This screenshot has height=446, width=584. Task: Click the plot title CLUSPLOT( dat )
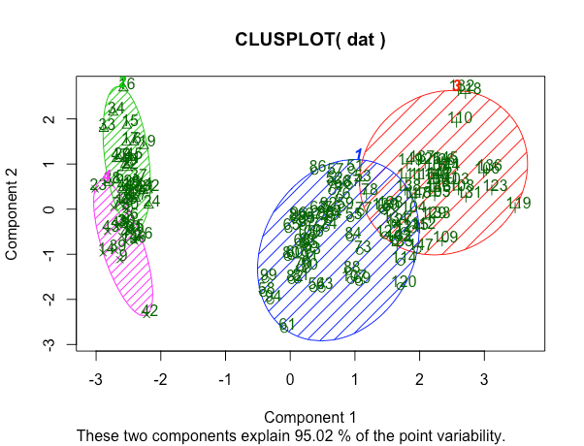pos(310,41)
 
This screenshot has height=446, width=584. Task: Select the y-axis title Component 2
pos(15,209)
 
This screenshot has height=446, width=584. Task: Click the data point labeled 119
pos(519,204)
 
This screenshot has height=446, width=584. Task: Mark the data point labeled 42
pos(149,311)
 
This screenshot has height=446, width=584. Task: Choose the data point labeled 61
pos(287,325)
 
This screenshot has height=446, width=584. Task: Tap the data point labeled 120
pos(405,282)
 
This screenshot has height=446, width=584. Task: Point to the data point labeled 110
pos(461,117)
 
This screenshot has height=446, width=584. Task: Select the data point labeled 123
pos(496,186)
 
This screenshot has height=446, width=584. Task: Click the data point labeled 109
pos(445,238)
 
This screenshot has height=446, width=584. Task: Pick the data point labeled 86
pos(318,167)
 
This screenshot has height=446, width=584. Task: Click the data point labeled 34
pos(116,109)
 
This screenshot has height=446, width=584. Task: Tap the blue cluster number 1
pos(359,155)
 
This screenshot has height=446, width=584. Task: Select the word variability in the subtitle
pos(469,436)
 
